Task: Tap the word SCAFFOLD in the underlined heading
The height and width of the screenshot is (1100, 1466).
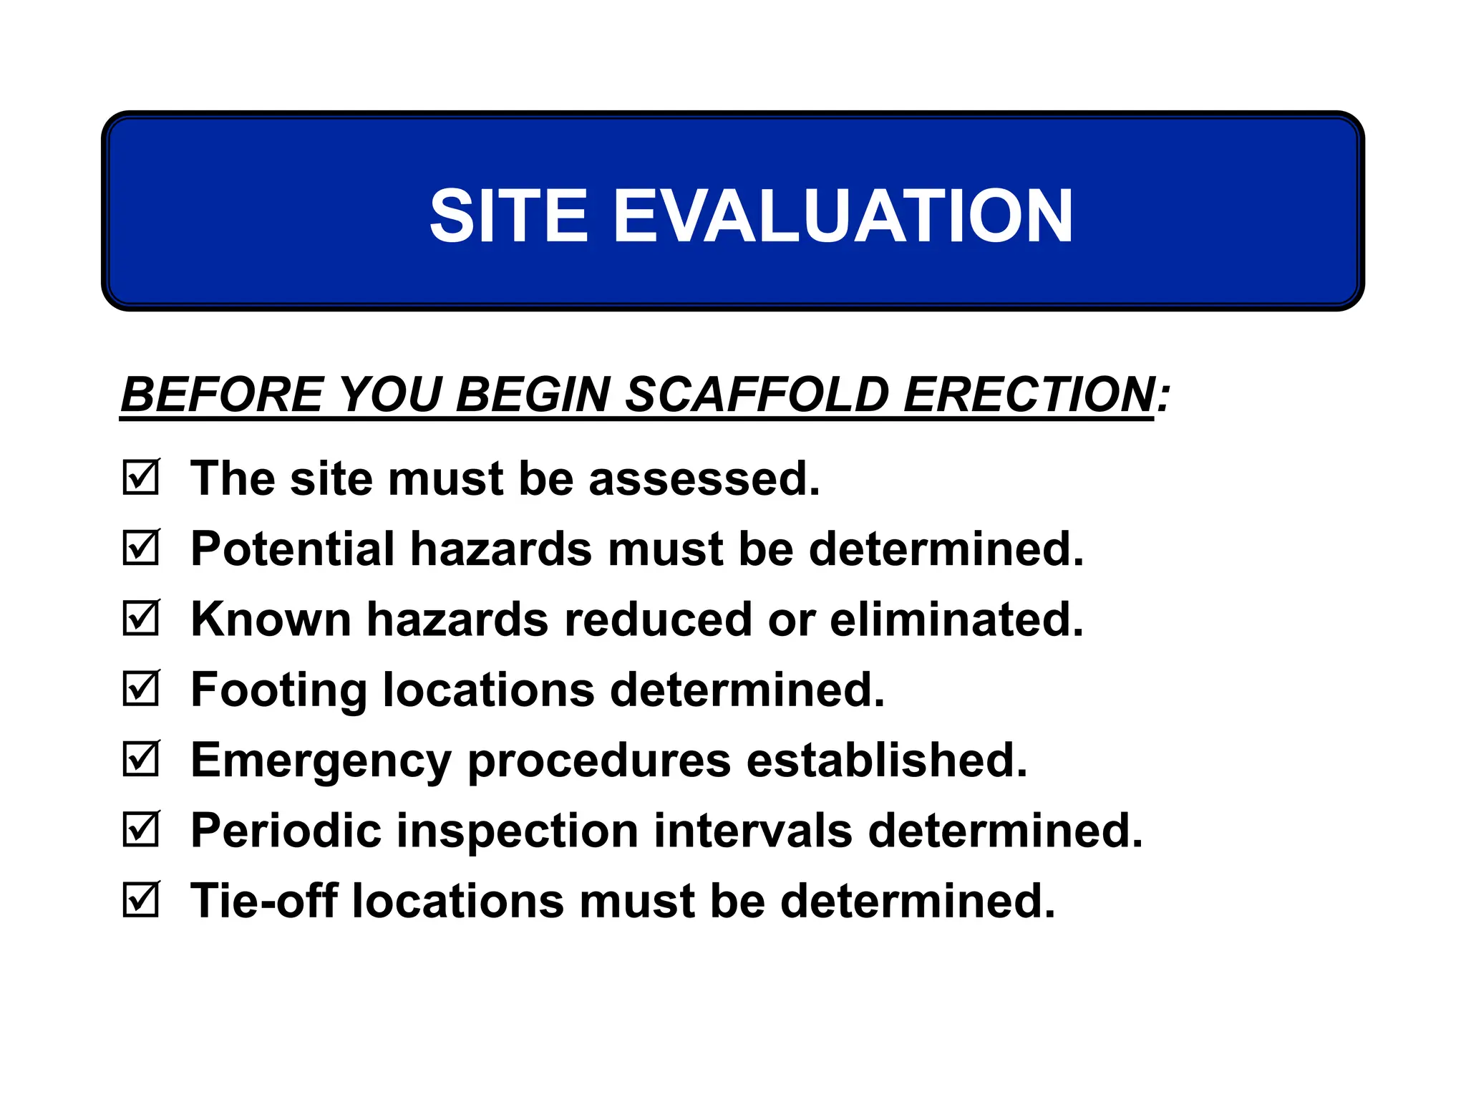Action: coord(756,395)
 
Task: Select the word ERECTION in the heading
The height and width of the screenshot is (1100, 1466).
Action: coord(1029,395)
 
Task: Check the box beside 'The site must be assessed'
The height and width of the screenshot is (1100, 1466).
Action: coord(140,478)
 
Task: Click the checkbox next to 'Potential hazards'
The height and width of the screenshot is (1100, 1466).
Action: coord(140,548)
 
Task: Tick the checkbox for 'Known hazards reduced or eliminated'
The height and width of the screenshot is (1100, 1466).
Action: coord(140,618)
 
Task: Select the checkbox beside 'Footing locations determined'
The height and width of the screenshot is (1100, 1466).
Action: coord(140,688)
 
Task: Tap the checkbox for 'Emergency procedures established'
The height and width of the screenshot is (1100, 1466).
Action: coord(140,758)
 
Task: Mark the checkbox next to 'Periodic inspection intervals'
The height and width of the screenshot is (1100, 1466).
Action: coord(140,829)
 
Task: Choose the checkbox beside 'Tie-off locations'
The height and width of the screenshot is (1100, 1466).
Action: coord(140,899)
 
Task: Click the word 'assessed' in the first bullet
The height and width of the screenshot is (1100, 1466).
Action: coord(704,478)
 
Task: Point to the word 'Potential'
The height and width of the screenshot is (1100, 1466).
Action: coord(292,549)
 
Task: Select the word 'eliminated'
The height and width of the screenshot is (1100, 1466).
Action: coord(956,619)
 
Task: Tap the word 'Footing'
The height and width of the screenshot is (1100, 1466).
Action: coord(278,690)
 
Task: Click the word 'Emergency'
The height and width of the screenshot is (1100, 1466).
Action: coord(321,761)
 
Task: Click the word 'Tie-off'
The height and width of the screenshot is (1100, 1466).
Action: coord(263,900)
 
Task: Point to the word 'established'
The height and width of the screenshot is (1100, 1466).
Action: coord(887,759)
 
